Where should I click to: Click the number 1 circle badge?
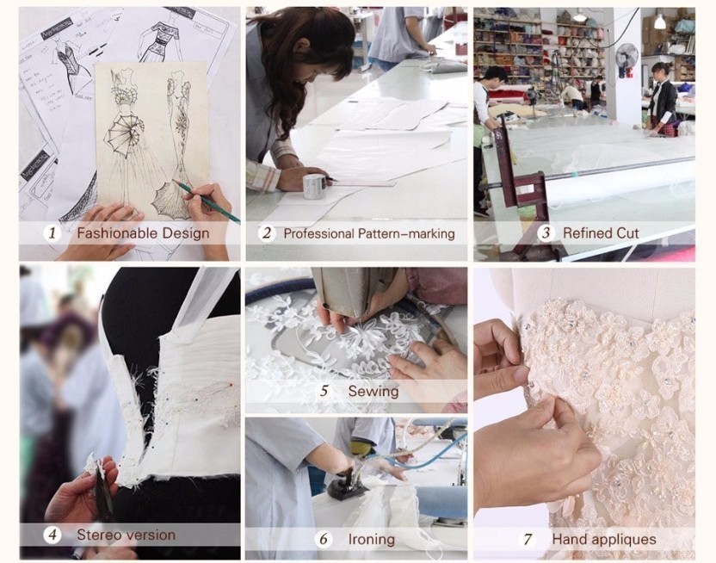[52, 233]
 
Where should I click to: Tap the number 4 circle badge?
[52, 535]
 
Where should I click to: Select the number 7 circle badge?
[528, 539]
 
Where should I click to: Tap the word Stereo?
[99, 535]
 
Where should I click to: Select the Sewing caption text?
[373, 392]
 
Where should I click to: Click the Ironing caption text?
[371, 539]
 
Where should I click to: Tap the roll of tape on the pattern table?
[315, 185]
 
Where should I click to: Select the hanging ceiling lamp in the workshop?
[659, 21]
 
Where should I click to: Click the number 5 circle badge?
[324, 392]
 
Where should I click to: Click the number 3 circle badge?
[546, 233]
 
